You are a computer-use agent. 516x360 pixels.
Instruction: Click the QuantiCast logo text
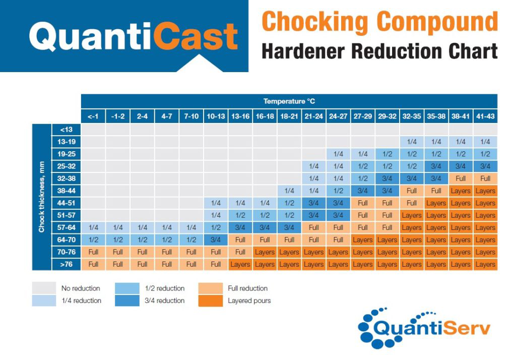(x=133, y=36)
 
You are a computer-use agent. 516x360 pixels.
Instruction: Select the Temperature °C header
(x=289, y=101)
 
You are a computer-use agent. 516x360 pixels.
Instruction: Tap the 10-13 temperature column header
(x=216, y=116)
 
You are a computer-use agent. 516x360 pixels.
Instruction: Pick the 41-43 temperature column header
(x=485, y=116)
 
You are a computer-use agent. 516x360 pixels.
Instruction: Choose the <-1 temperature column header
(x=93, y=116)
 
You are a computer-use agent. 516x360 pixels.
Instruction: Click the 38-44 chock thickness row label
(x=66, y=191)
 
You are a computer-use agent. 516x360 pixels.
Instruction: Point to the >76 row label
(x=66, y=264)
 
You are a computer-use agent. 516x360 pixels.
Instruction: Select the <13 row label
(x=66, y=130)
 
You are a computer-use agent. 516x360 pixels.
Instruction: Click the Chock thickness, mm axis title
(x=41, y=197)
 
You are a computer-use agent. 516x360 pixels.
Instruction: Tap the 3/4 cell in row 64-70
(x=216, y=240)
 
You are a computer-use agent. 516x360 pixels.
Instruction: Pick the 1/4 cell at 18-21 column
(x=289, y=191)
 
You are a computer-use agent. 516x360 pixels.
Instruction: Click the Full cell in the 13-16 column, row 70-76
(x=240, y=252)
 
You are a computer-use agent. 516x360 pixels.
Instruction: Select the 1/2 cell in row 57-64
(x=216, y=228)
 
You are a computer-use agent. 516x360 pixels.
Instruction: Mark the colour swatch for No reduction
(x=44, y=288)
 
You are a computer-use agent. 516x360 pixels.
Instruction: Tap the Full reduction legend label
(x=247, y=288)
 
